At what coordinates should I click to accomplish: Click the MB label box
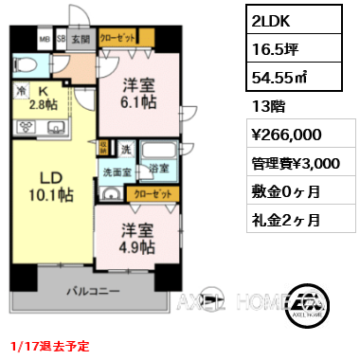click(45, 41)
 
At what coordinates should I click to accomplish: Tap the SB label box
click(61, 41)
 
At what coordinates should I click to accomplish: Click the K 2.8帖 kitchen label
click(41, 97)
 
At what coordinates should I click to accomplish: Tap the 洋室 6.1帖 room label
click(135, 93)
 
